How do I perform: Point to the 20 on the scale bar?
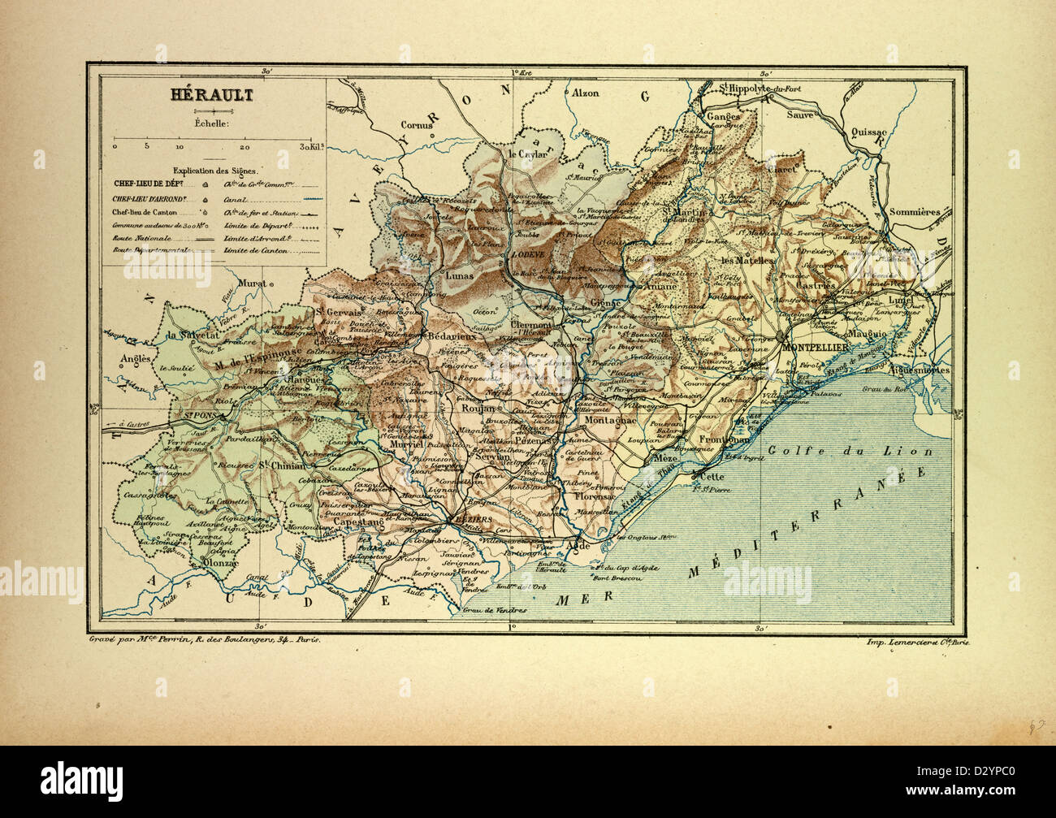245,147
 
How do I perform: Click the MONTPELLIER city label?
816,347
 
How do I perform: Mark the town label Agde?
578,546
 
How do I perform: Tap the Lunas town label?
461,275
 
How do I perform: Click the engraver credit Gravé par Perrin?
205,640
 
